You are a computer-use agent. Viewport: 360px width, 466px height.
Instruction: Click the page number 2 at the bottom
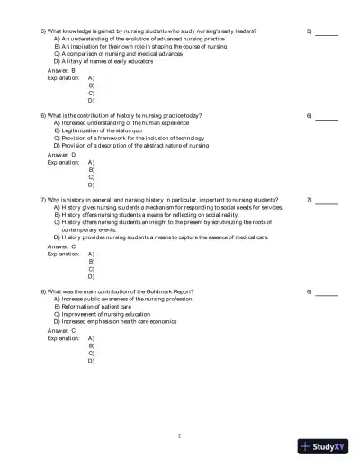(x=179, y=436)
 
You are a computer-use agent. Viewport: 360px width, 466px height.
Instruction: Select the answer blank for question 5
(x=327, y=32)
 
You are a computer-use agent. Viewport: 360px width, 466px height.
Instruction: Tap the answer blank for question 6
(x=327, y=117)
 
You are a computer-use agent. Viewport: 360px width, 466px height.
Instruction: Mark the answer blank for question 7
(x=327, y=200)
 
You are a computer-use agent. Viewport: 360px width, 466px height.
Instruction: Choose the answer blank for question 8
(x=327, y=292)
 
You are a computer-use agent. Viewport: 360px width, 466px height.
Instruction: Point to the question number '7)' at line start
(x=44, y=200)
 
